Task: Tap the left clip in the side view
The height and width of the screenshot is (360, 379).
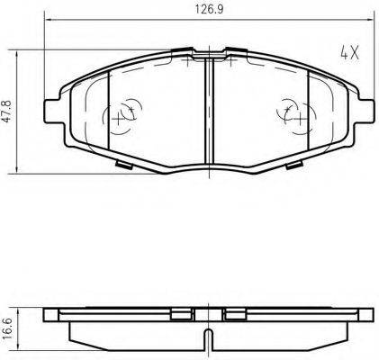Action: point(184,314)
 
